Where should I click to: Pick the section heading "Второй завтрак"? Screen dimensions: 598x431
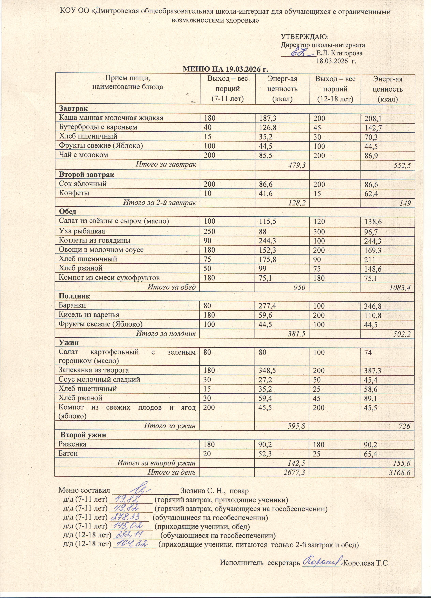pyautogui.click(x=87, y=174)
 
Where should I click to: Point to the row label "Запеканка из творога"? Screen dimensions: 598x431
pyautogui.click(x=94, y=370)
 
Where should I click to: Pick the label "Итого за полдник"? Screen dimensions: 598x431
pyautogui.click(x=166, y=334)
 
